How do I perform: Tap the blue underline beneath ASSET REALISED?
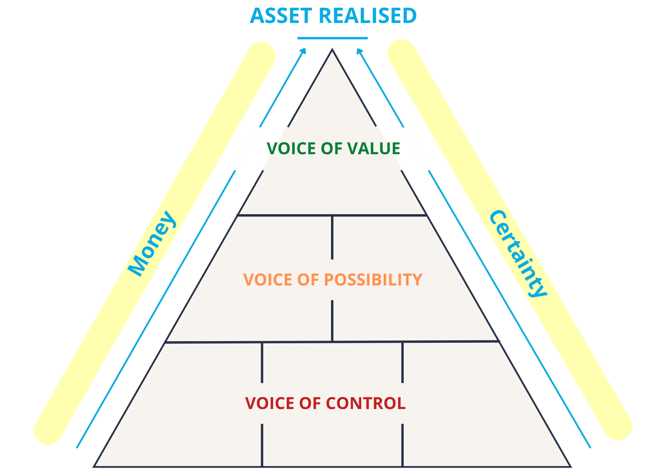tap(332, 38)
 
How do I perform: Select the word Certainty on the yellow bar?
tap(517, 254)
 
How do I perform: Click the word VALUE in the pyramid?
tap(373, 148)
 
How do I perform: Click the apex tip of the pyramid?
tap(332, 50)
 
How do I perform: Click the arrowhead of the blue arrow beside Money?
tap(304, 50)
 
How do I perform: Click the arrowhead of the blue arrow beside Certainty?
tap(359, 50)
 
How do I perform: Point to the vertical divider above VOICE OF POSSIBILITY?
tap(332, 237)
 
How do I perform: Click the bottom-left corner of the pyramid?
tap(95, 466)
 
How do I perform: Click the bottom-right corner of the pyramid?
tap(570, 466)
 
